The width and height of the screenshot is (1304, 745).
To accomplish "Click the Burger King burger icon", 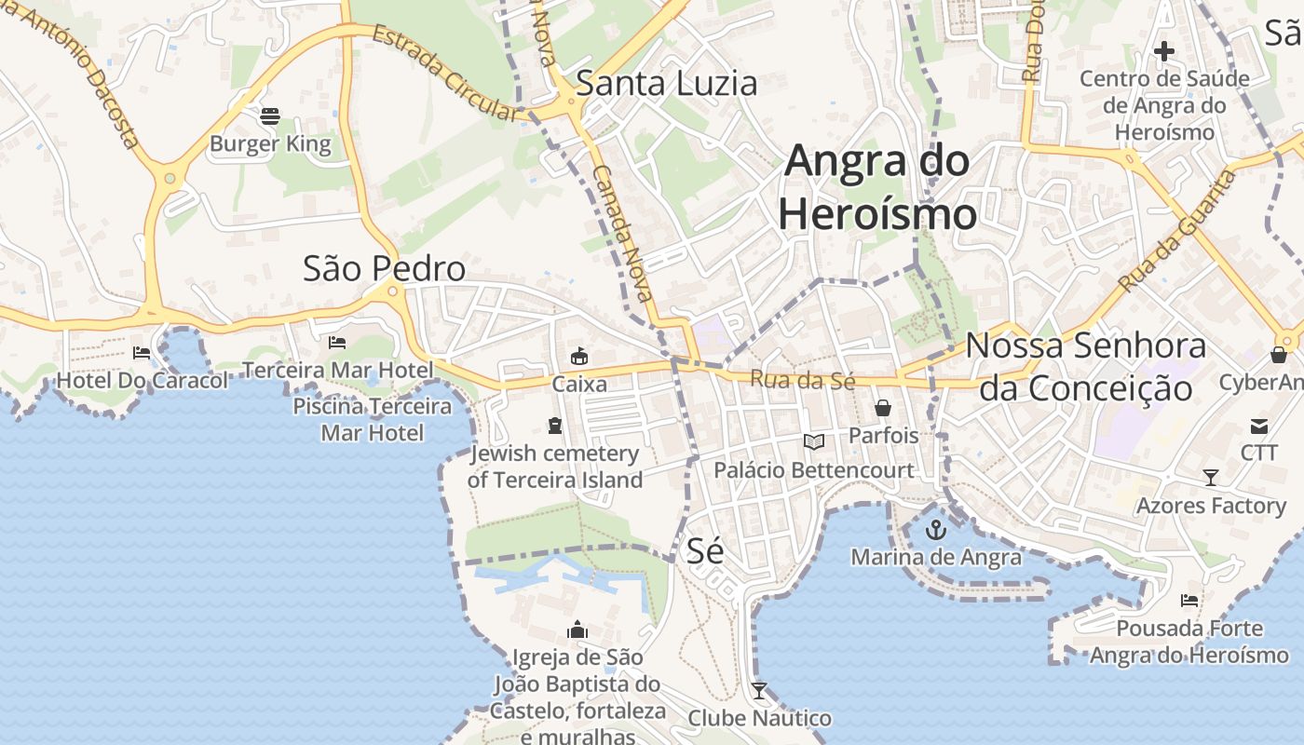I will tap(270, 116).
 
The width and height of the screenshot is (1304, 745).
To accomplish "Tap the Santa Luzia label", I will tap(667, 84).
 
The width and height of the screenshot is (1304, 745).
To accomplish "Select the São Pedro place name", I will tap(384, 269).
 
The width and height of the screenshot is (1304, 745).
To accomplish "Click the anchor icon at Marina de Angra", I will tap(935, 531).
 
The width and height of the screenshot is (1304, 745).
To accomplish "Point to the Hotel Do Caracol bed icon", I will tap(142, 353).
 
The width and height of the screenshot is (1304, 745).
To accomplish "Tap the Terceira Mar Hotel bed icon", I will tap(337, 343).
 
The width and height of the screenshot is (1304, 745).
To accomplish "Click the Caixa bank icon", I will tap(579, 356).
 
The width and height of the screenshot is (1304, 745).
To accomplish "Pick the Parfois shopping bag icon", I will tap(882, 408).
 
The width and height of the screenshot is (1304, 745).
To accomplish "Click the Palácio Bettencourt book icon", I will tap(814, 442).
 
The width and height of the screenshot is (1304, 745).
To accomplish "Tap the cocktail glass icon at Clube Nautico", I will tap(759, 691).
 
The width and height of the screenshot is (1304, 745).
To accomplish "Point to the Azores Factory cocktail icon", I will tap(1210, 478).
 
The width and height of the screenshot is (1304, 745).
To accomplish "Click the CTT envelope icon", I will tap(1258, 427).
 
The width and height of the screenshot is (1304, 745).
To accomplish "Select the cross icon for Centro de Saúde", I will tap(1164, 51).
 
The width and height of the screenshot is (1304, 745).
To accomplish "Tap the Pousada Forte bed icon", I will tap(1189, 601).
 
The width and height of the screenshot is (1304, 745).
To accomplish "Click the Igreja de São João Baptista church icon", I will tap(577, 630).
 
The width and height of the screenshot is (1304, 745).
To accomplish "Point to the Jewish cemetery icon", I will tap(555, 427).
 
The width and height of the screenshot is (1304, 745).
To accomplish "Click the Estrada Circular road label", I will tap(444, 74).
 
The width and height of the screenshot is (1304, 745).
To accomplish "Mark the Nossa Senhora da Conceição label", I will tap(1086, 366).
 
